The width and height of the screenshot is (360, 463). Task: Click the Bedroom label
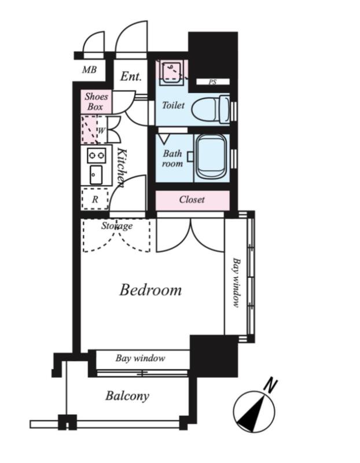tap(150, 290)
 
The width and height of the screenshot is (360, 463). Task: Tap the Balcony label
tap(127, 396)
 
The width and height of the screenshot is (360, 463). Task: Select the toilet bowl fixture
tap(210, 109)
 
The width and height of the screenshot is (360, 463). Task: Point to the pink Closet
tap(193, 200)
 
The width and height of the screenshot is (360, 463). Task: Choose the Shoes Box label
tap(96, 101)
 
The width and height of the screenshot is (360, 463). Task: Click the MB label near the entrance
tap(89, 69)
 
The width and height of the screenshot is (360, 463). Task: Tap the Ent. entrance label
tap(131, 76)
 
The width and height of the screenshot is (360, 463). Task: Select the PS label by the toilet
tap(212, 82)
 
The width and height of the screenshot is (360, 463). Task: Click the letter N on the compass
tap(270, 385)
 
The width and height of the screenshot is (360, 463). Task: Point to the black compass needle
tap(251, 416)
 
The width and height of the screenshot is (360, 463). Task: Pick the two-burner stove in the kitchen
tap(97, 155)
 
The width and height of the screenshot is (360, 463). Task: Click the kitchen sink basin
tap(96, 175)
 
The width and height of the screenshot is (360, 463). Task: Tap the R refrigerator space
tap(95, 199)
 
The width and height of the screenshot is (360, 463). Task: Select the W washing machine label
tap(101, 130)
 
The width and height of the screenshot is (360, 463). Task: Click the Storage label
tap(117, 226)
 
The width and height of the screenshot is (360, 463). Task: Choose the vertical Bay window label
tap(236, 283)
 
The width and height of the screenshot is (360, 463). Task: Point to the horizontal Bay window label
tap(140, 358)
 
